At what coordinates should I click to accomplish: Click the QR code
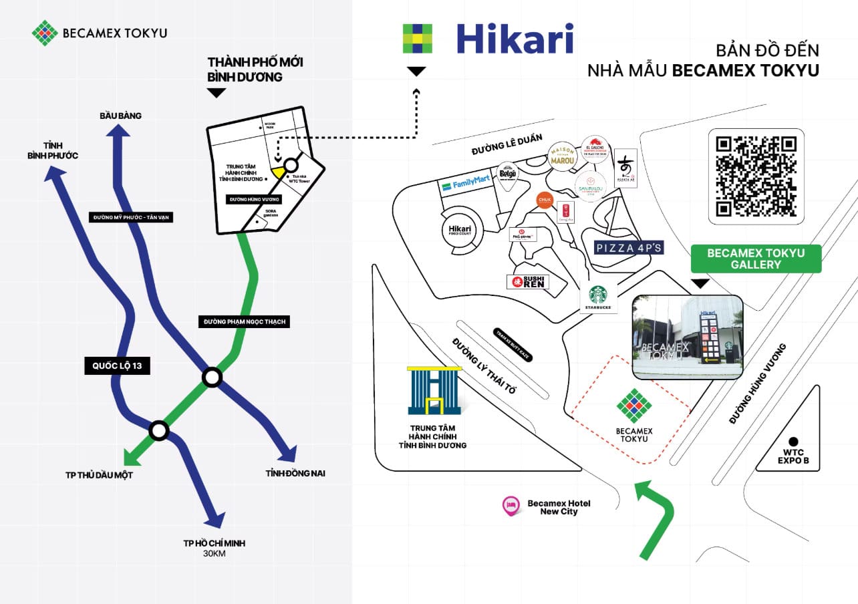tap(756, 176)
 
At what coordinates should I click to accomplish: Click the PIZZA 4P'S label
tap(629, 248)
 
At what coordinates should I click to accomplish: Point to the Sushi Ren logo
tap(528, 282)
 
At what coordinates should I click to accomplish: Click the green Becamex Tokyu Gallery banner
tap(755, 259)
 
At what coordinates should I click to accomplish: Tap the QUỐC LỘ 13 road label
tap(118, 365)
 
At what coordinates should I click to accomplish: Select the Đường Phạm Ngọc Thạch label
tap(244, 322)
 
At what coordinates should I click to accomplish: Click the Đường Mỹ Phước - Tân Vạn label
tap(130, 217)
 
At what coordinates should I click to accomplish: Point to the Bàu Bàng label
tap(121, 116)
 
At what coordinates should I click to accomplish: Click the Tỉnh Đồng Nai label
tap(295, 474)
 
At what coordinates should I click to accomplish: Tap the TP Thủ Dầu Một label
tap(96, 476)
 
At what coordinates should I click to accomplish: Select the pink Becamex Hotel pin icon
tap(511, 506)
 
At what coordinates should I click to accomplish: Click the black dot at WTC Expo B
tap(793, 442)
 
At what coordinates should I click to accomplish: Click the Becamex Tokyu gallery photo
tap(688, 337)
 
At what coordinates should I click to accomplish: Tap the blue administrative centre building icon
tap(432, 392)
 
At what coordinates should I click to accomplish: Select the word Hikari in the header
tap(515, 39)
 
